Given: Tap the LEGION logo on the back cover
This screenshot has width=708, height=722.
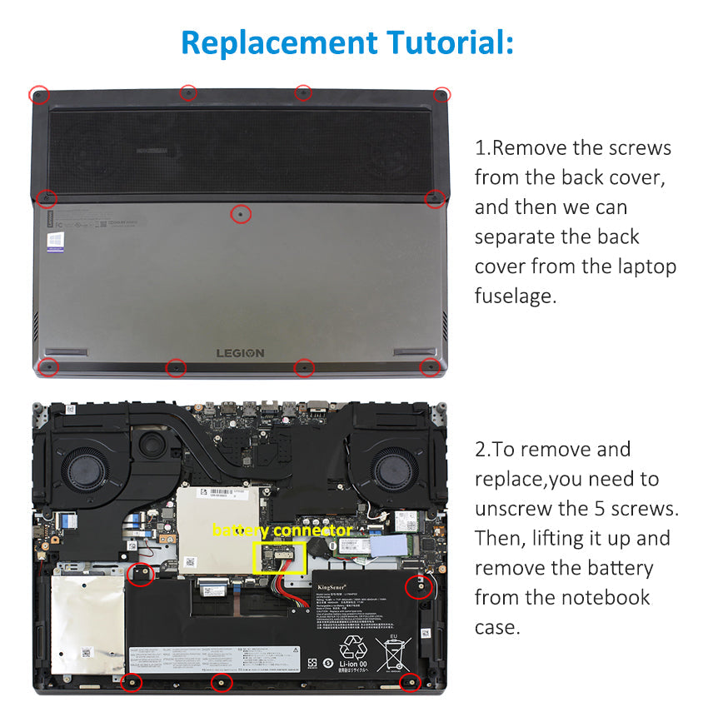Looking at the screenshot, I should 241,353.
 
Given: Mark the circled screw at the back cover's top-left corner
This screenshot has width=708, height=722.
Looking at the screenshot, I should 38,94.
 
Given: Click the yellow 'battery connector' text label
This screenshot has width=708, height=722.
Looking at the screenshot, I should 282,530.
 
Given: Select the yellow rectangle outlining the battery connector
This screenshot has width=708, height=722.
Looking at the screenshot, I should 279,557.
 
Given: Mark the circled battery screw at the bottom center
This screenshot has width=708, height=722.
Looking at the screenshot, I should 221,683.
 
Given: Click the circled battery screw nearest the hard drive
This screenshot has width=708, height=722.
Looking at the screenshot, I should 142,574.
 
